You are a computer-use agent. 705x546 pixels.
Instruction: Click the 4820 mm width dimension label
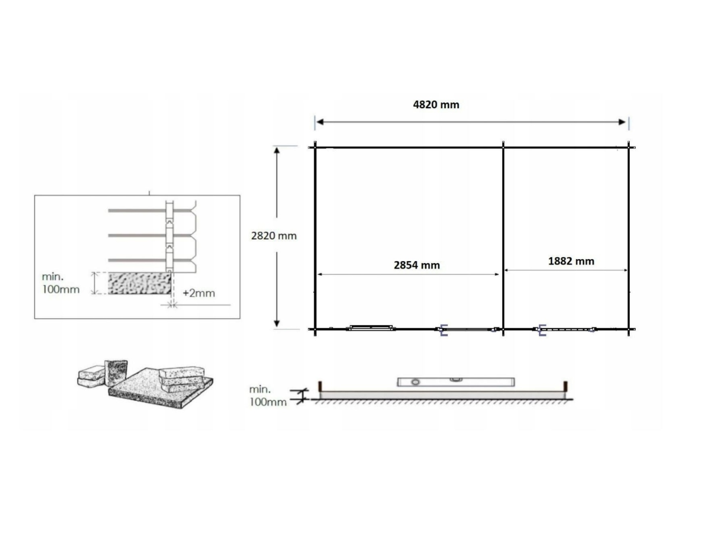point(436,105)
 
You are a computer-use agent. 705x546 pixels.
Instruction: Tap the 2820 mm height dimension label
point(274,236)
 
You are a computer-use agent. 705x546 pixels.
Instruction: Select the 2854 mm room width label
point(416,265)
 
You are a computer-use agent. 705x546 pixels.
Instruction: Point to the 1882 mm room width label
point(571,261)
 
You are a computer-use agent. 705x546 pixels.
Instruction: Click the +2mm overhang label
point(198,293)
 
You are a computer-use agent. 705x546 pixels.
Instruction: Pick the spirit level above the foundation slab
point(456,382)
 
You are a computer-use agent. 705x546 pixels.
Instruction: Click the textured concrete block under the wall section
point(139,283)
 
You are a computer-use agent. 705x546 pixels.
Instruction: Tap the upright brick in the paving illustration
point(116,373)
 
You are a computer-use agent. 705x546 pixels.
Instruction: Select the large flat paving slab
point(161,389)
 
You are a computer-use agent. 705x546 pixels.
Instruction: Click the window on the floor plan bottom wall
point(370,328)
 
